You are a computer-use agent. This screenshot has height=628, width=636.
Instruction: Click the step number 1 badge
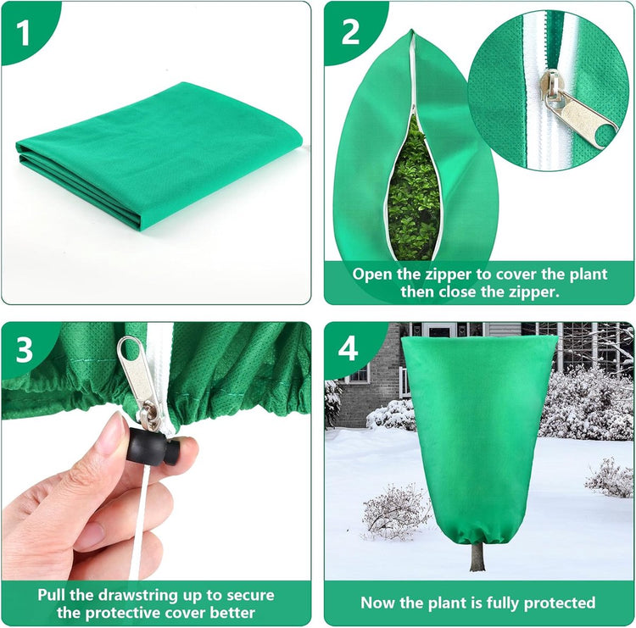(x=23, y=33)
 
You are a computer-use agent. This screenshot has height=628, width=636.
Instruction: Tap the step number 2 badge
(x=350, y=32)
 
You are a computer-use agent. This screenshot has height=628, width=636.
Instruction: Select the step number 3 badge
(x=24, y=349)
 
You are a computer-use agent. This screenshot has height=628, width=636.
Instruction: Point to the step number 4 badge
(x=349, y=348)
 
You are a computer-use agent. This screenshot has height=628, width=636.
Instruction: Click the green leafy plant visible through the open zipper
(x=414, y=191)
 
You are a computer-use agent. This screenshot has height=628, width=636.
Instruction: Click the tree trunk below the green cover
(x=477, y=555)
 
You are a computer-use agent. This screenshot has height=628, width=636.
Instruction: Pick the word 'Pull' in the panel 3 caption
(x=52, y=595)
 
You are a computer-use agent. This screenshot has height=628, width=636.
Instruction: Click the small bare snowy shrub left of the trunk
(x=395, y=511)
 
